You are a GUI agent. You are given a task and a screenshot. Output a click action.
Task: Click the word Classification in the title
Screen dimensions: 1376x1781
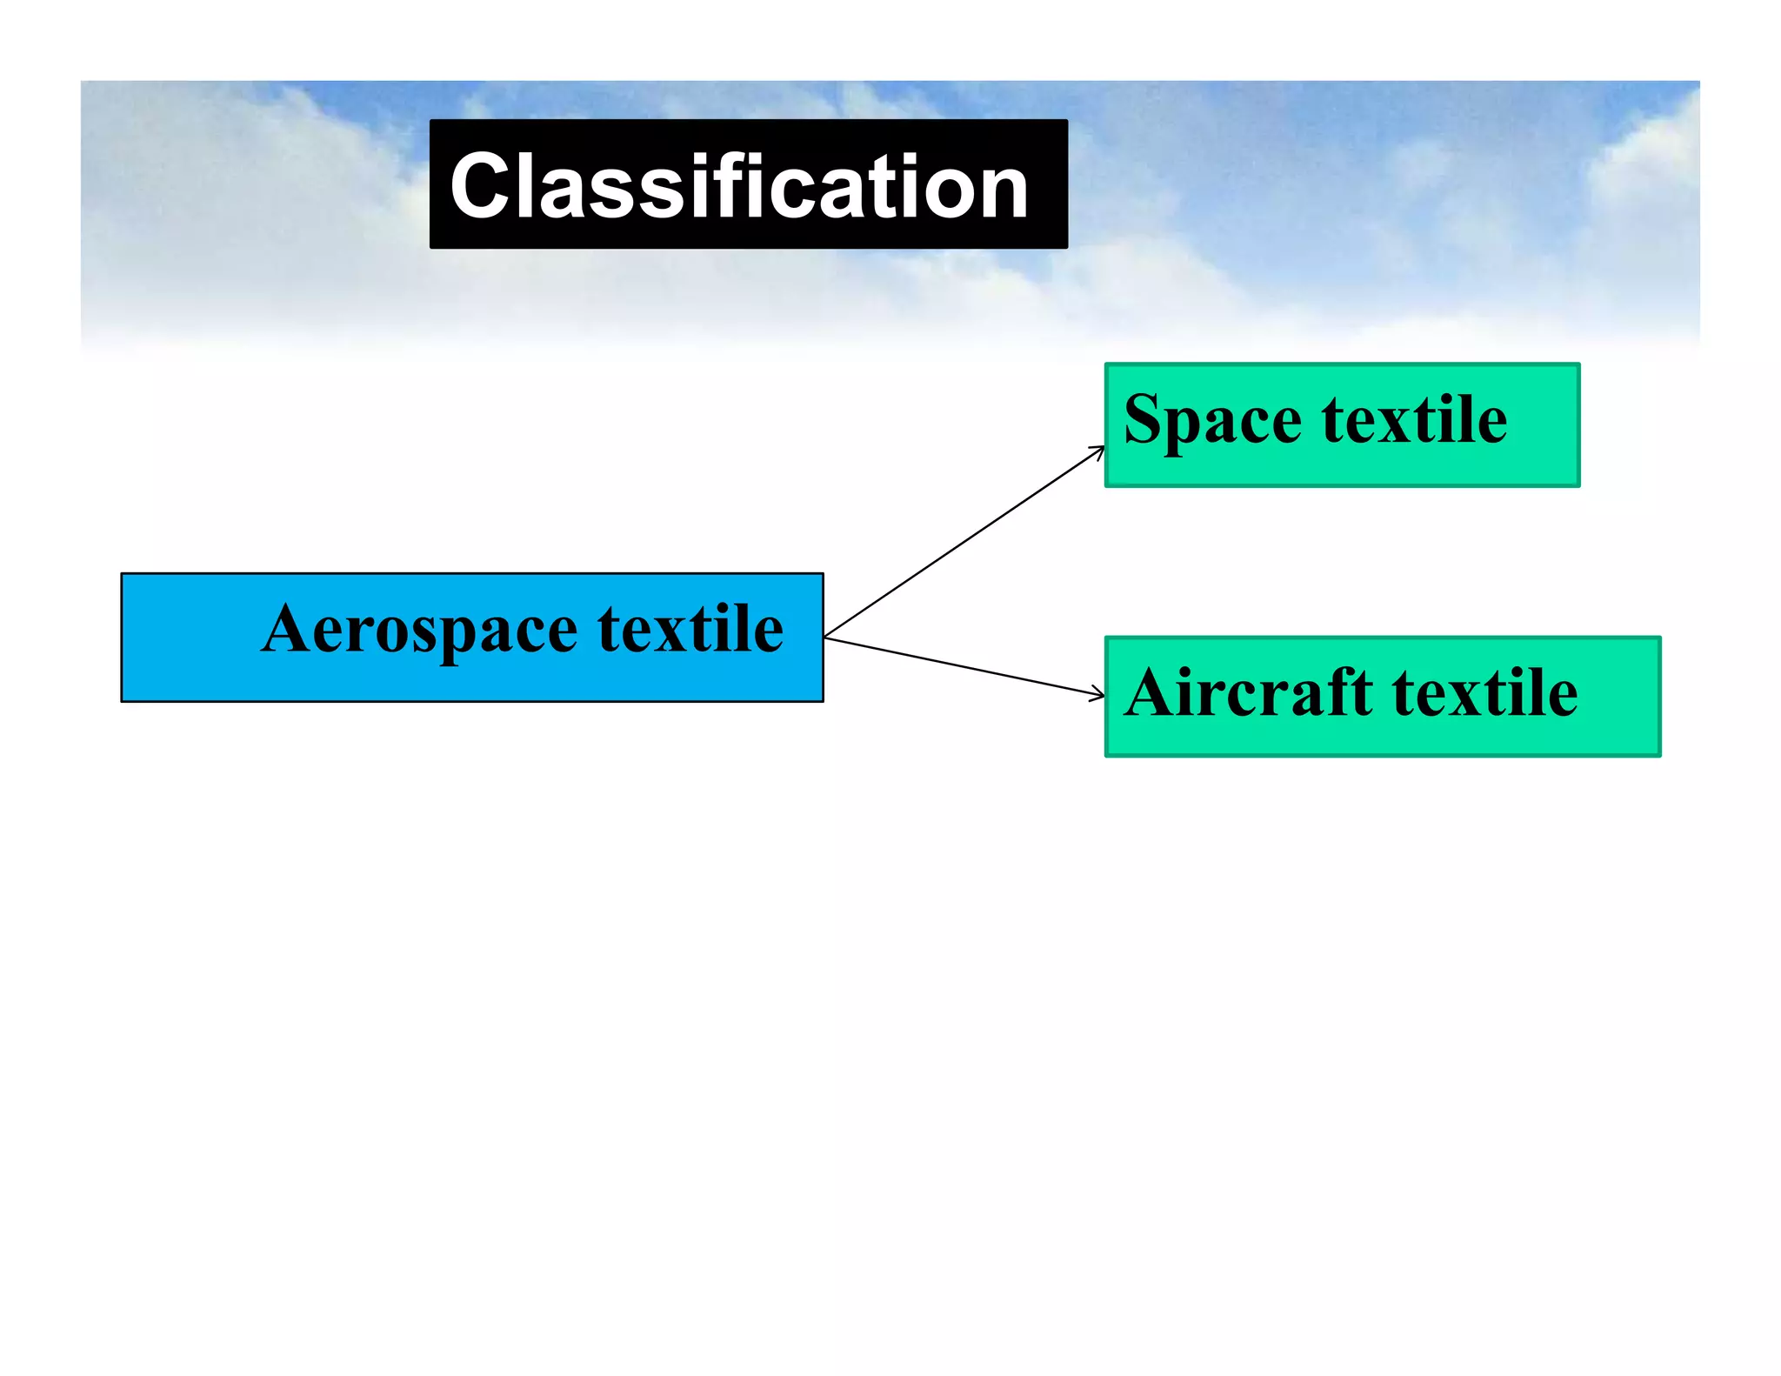[739, 185]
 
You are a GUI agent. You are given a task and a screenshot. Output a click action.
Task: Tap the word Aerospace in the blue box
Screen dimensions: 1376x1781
[419, 630]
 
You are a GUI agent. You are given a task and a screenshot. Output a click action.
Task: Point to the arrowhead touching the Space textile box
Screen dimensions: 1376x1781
[1099, 451]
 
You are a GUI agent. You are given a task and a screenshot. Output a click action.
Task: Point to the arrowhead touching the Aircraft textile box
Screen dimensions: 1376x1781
[1098, 693]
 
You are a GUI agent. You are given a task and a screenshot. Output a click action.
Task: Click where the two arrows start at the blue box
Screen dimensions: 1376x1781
[825, 638]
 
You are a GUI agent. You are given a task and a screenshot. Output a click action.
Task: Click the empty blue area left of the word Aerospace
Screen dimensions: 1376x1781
[187, 637]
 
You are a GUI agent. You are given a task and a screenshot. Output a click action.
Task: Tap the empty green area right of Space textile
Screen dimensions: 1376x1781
[1544, 424]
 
